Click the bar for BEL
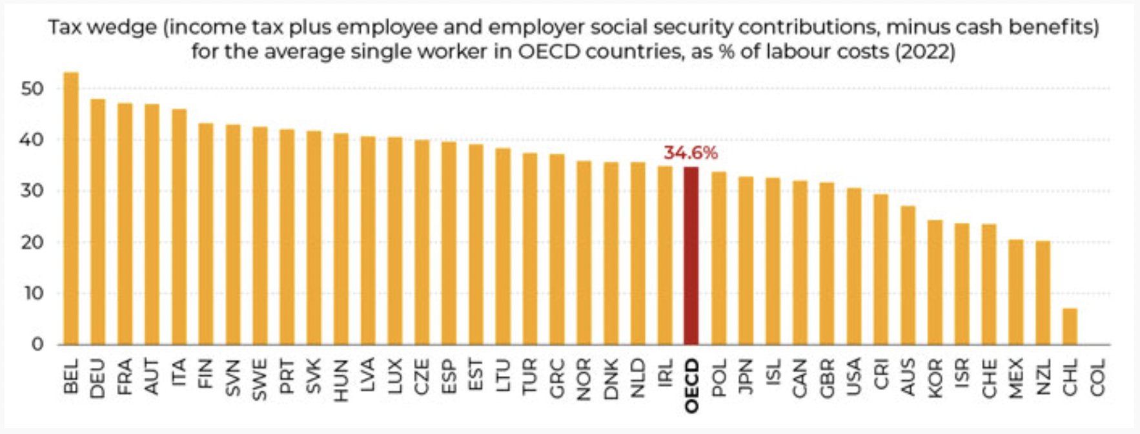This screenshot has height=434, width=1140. [x=71, y=208]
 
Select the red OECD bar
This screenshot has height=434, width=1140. [x=691, y=256]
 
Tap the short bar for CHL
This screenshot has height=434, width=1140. [x=1070, y=326]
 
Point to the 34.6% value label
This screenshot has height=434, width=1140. [x=691, y=153]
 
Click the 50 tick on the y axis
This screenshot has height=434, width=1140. [x=32, y=88]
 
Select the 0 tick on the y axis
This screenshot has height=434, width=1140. [x=37, y=344]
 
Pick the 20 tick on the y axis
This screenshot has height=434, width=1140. [x=32, y=242]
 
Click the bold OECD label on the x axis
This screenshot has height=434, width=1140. [x=691, y=386]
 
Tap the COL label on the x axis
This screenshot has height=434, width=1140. [x=1097, y=378]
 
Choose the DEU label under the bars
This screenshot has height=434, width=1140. [x=98, y=378]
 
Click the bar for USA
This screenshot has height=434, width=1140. [x=853, y=266]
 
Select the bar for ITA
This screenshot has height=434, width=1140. [x=179, y=227]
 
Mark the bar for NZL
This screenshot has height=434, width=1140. [x=1043, y=293]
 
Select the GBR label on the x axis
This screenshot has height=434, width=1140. [x=827, y=377]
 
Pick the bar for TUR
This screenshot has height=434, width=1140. [x=529, y=249]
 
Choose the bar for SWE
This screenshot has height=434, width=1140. [x=260, y=236]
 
